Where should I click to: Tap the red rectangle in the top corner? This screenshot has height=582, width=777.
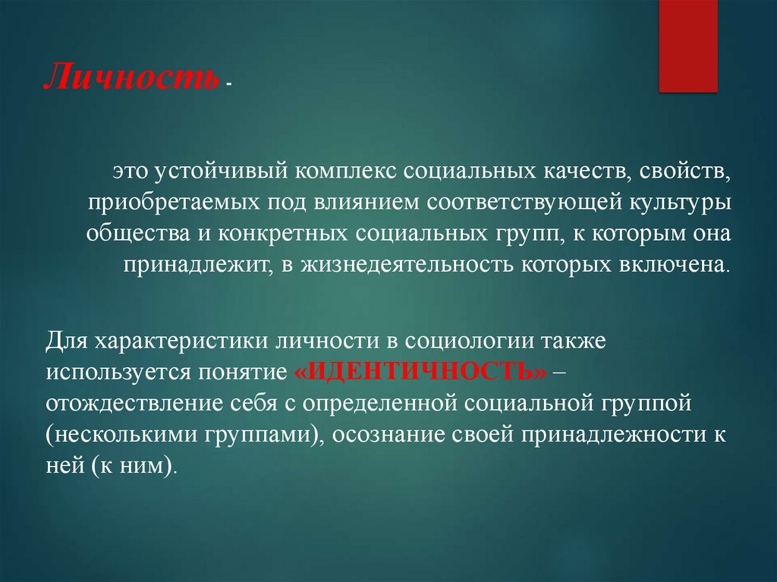click(x=687, y=46)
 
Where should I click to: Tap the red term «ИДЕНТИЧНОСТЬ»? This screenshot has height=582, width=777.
click(x=418, y=371)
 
